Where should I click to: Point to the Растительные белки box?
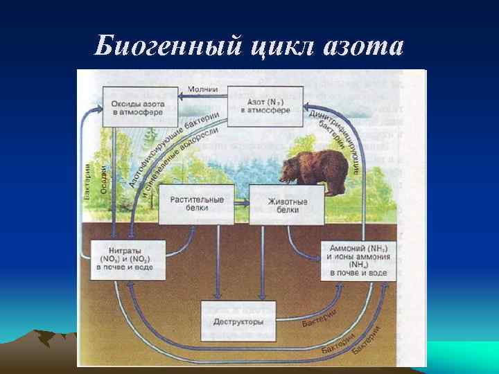pos(198,204)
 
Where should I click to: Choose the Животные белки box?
pos(287,204)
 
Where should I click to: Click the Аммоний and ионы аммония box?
pos(358,260)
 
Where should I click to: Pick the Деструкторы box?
pos(238,322)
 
